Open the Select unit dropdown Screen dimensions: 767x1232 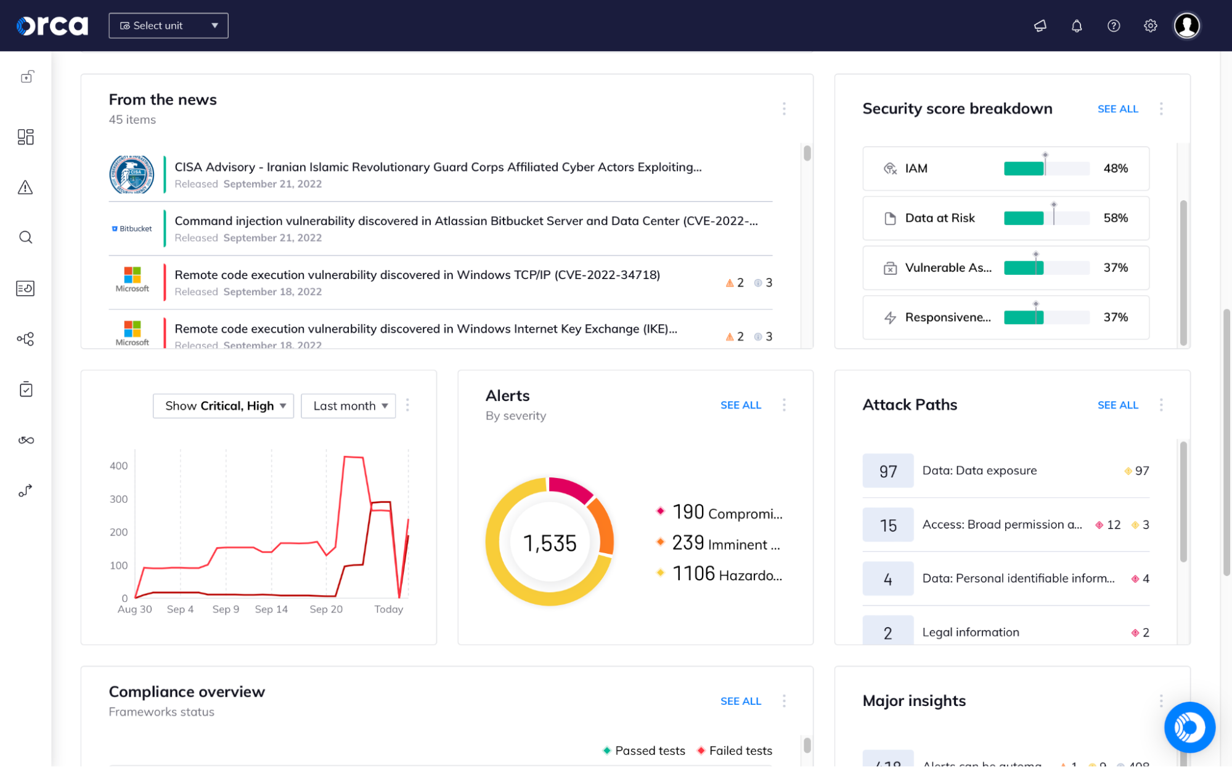[168, 26]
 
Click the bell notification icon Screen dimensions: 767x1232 [1076, 26]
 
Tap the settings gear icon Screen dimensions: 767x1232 [1150, 26]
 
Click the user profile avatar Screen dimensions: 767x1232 [1186, 26]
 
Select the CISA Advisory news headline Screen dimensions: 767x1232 [438, 167]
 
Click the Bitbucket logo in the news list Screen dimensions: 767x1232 [132, 229]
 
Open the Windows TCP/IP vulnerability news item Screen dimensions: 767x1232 [417, 275]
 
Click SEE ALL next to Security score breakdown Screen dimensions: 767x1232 [1117, 109]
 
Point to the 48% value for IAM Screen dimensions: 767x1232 [1115, 168]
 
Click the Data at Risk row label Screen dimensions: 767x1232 [939, 218]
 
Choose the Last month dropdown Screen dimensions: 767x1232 [349, 406]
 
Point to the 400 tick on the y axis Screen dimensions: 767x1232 [118, 466]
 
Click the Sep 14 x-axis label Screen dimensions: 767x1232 [271, 609]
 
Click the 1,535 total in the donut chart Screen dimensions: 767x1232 [549, 543]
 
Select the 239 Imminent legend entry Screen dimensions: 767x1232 [725, 544]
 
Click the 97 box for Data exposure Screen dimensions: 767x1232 [887, 471]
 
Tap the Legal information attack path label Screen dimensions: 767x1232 [970, 632]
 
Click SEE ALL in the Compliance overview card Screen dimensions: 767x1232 [740, 701]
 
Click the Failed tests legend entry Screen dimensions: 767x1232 [740, 750]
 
